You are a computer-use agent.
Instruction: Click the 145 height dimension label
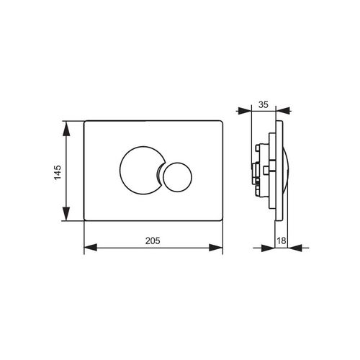click(58, 172)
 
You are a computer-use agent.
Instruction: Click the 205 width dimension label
click(153, 240)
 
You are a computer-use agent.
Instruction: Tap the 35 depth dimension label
click(264, 104)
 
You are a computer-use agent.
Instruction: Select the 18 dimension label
click(282, 240)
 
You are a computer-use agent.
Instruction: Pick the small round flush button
click(177, 177)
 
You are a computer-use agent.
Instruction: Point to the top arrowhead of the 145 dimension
click(66, 128)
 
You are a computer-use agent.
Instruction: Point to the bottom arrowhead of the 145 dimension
click(66, 214)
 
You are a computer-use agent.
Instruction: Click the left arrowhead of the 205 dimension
click(91, 248)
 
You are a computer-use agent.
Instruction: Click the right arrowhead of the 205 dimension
click(216, 248)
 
